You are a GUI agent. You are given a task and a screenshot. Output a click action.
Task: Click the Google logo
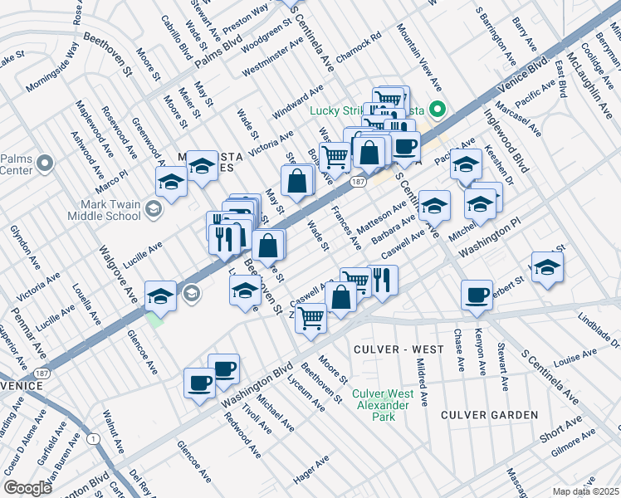[27, 487]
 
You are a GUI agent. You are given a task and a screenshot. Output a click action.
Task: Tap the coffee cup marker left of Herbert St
[477, 295]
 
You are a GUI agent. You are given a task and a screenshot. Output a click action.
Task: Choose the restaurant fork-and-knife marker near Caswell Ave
[381, 280]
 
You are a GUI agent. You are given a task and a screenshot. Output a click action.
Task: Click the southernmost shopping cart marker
[310, 316]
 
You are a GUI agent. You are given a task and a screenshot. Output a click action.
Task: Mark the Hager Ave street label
[312, 474]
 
